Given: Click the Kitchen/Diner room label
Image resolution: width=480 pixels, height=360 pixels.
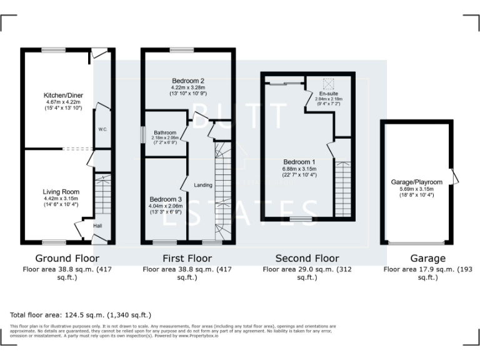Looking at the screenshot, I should (x=60, y=94).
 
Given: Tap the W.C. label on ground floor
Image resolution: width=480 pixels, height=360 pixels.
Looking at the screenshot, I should (x=102, y=130).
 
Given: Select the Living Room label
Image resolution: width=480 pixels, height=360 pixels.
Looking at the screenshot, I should (x=61, y=191).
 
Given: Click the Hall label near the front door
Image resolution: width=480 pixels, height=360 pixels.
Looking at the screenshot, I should (x=97, y=226).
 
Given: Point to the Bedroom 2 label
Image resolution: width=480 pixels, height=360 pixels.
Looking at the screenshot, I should (x=188, y=81).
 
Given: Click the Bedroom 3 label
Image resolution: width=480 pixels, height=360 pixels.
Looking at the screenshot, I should (x=166, y=199).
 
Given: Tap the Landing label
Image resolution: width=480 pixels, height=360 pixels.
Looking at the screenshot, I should (x=203, y=185).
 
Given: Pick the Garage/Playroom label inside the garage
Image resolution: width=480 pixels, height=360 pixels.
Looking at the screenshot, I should (x=416, y=182).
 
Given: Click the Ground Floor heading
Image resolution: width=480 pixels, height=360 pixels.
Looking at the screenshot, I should (x=67, y=258).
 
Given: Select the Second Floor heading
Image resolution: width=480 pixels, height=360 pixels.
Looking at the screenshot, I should (x=307, y=258).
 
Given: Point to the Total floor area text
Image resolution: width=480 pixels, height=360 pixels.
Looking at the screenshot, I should (x=81, y=315).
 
